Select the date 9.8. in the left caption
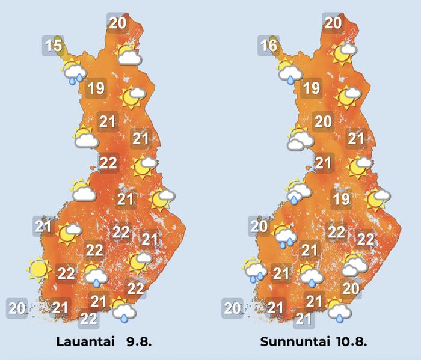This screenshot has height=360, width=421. [139, 342]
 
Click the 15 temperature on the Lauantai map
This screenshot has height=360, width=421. [54, 45]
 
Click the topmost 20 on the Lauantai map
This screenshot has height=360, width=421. [117, 23]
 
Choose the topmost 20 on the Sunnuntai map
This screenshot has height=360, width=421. [333, 23]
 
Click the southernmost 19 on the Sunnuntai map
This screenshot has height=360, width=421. [341, 199]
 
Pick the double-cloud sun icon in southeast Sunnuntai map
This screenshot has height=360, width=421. [354, 264]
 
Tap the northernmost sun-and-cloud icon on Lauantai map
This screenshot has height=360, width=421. [128, 55]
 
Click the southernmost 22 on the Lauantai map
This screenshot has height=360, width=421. [89, 319]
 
